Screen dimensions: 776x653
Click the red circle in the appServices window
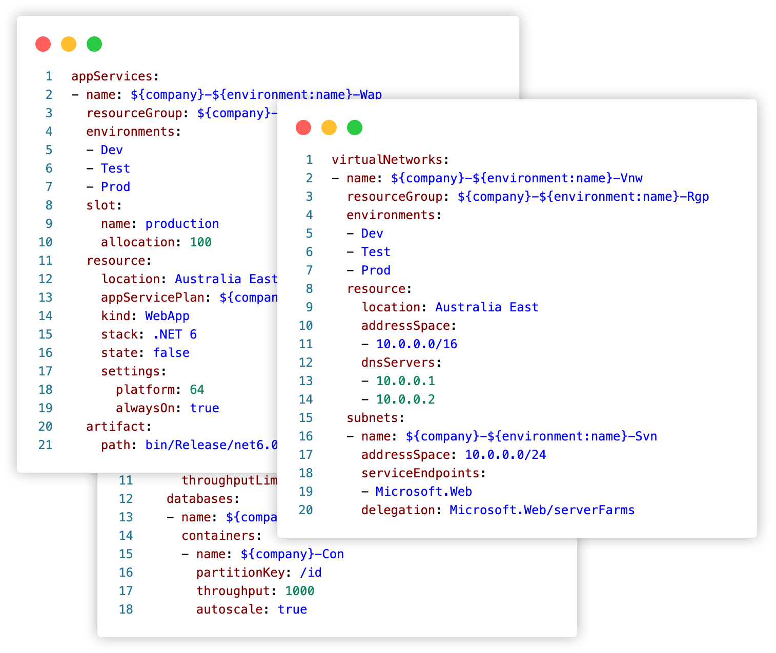tap(43, 44)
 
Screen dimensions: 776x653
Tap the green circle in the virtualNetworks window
tap(355, 128)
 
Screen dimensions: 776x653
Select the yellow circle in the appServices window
tap(69, 44)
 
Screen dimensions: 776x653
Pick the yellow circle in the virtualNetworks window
tap(329, 128)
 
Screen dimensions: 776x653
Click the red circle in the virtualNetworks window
tap(303, 128)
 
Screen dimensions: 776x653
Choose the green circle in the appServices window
tap(94, 44)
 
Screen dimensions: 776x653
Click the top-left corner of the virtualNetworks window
tap(278, 99)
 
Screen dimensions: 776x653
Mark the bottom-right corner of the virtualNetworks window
tap(757, 537)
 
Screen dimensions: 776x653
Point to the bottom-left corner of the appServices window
tap(17, 473)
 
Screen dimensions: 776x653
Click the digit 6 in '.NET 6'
tap(193, 334)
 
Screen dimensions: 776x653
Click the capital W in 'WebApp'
tap(149, 315)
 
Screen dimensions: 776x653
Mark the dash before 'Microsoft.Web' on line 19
tap(365, 492)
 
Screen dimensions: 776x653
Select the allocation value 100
tap(201, 242)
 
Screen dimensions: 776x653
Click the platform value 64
tap(197, 390)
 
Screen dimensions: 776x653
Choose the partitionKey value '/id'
tap(311, 573)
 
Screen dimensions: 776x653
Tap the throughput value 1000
tap(299, 591)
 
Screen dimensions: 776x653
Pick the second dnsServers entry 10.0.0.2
tap(405, 399)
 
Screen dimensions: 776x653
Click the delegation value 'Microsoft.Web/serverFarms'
tap(542, 510)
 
